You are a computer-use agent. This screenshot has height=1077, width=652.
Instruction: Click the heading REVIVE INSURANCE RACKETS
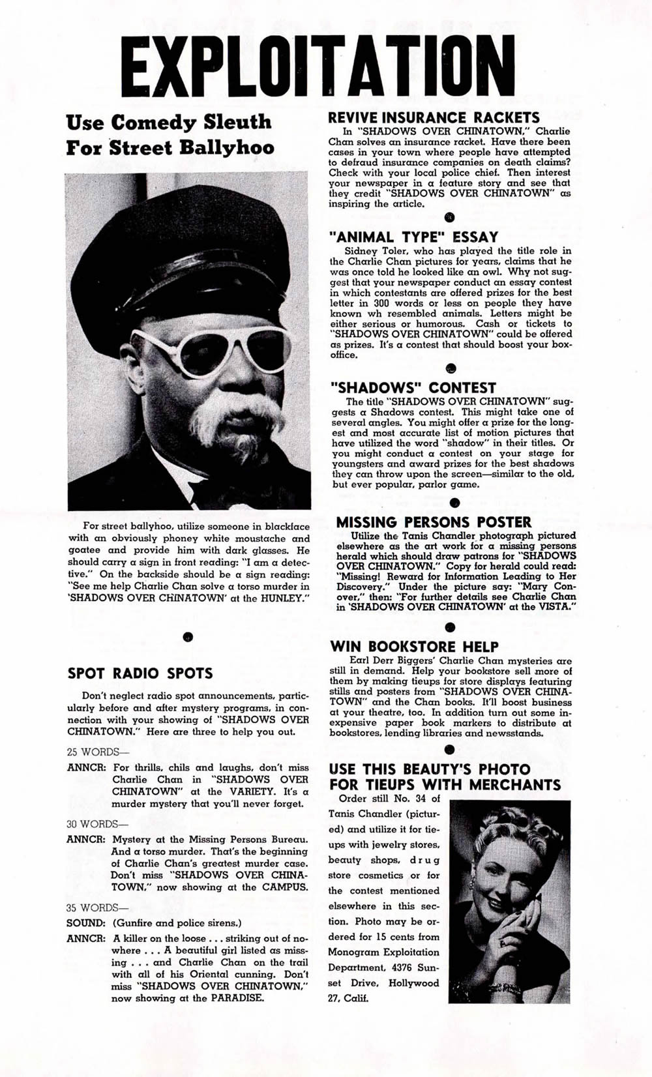pyautogui.click(x=434, y=117)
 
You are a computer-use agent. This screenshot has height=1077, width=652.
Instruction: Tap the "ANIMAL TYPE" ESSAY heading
pyautogui.click(x=417, y=237)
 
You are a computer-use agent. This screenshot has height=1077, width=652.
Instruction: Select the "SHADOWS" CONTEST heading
pyautogui.click(x=421, y=387)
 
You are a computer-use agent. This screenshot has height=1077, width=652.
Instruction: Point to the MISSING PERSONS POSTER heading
pyautogui.click(x=434, y=522)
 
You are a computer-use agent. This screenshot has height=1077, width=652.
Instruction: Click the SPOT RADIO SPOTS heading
pyautogui.click(x=140, y=673)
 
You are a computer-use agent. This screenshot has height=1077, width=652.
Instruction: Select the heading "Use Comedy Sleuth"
pyautogui.click(x=169, y=122)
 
